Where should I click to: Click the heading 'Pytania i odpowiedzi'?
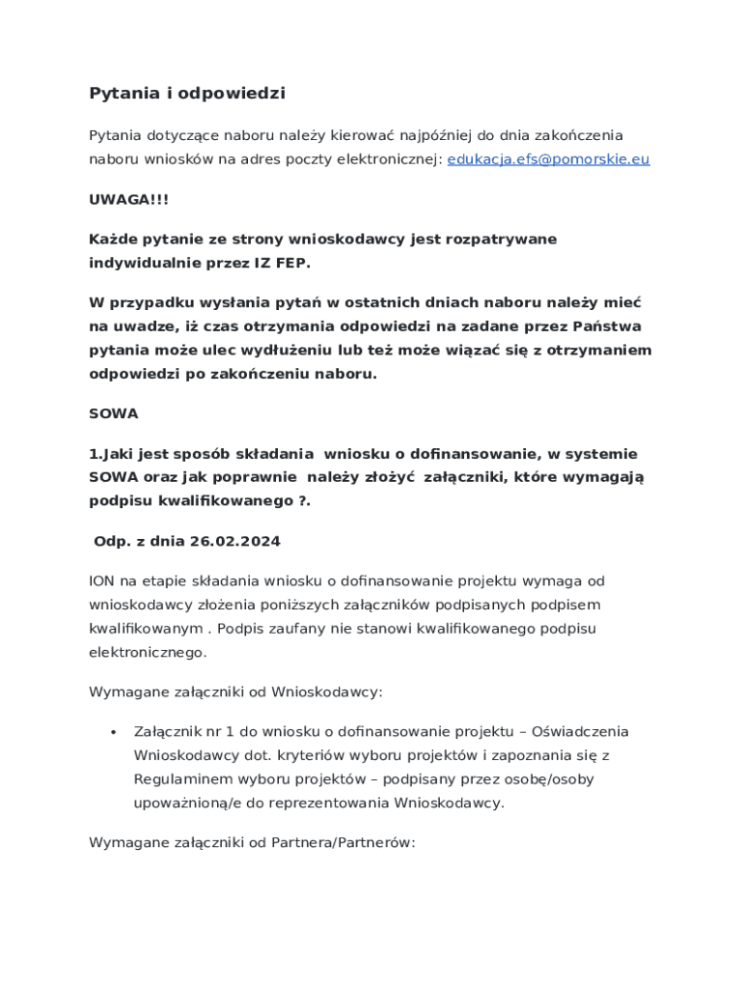click(x=187, y=94)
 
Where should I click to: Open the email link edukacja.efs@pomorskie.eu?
click(x=548, y=159)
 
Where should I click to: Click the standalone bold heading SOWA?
click(x=114, y=413)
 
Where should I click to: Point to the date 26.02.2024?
click(x=234, y=542)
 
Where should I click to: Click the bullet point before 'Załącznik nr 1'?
click(x=114, y=732)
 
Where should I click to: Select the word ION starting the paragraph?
click(x=101, y=581)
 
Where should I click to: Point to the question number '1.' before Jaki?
click(x=96, y=454)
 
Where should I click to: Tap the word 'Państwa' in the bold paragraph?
click(x=607, y=325)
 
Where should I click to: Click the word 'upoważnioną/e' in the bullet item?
click(x=190, y=803)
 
